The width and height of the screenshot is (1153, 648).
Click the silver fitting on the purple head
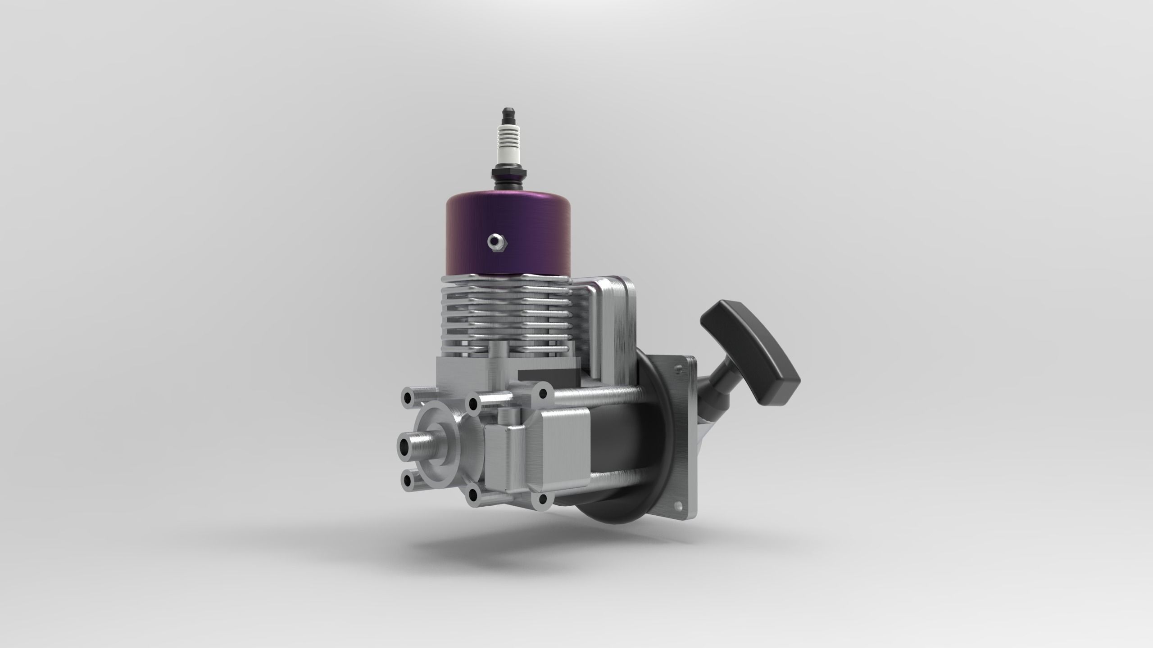point(497,243)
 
